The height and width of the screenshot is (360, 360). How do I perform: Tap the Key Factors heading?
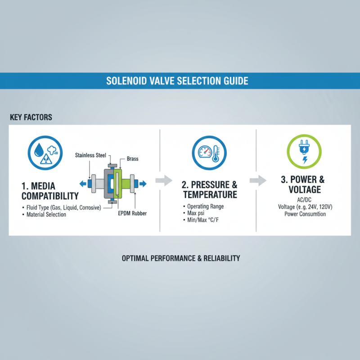(x=31, y=117)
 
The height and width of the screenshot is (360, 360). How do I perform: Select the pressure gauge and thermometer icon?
(x=208, y=152)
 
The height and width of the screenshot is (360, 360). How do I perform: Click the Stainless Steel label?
(x=90, y=155)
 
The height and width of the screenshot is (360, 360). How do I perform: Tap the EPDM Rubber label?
(x=133, y=213)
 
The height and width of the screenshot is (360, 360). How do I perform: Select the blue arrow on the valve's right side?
(x=143, y=184)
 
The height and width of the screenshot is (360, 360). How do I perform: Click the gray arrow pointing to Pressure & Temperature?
(x=163, y=181)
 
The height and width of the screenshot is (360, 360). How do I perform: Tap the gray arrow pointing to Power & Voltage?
(x=257, y=181)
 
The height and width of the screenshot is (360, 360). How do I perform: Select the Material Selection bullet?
(x=46, y=215)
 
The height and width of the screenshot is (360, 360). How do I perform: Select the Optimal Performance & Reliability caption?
(x=181, y=258)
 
